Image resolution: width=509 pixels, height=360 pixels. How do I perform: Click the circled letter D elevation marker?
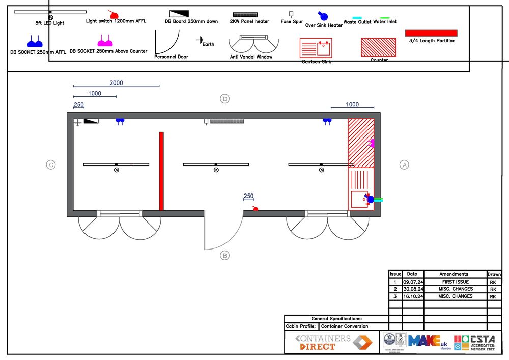(224, 99)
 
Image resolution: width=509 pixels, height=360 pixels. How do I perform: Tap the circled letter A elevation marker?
(405, 165)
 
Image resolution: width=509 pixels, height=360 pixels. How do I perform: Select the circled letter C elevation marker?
(50, 165)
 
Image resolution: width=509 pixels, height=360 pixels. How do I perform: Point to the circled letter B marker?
(225, 256)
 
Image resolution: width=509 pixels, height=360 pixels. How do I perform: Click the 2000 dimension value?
(116, 83)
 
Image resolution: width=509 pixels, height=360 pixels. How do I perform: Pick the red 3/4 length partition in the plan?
(161, 171)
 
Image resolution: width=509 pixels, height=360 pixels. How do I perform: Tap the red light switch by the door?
(256, 208)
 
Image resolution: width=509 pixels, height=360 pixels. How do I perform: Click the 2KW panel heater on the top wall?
(227, 122)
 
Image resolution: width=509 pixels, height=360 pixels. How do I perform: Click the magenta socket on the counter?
(372, 143)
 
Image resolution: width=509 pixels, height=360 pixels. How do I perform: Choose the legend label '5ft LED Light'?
(50, 23)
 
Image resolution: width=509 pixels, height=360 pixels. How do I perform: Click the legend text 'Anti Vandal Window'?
(251, 57)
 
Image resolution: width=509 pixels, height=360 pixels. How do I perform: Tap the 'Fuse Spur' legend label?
(292, 22)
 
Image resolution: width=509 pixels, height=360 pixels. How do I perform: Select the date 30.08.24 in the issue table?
(413, 289)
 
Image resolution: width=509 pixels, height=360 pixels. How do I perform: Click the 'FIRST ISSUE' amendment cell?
(456, 282)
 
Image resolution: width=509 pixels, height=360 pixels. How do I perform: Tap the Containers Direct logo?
(331, 342)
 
